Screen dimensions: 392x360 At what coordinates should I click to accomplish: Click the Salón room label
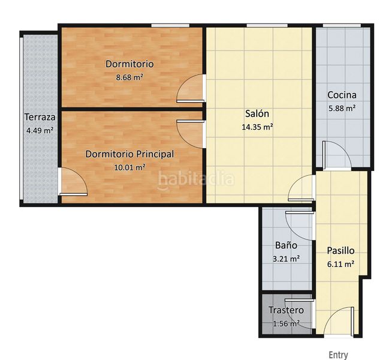click(x=257, y=113)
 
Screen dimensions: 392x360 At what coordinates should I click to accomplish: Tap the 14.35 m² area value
click(x=257, y=127)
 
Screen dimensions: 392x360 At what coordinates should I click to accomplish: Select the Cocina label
click(x=342, y=95)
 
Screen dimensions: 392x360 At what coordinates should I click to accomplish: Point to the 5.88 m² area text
click(x=342, y=109)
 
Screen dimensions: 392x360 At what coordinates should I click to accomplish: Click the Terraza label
click(x=40, y=117)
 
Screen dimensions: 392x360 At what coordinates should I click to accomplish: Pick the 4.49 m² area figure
click(x=40, y=130)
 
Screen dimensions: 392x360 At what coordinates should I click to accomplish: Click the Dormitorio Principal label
click(x=129, y=154)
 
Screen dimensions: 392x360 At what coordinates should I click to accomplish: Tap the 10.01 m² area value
click(x=129, y=167)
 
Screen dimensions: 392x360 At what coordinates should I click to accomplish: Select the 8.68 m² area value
click(x=129, y=77)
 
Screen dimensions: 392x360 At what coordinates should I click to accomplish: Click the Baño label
click(x=287, y=245)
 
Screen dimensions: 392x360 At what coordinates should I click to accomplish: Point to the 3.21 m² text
click(x=287, y=259)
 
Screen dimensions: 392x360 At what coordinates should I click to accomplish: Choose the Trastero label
click(x=287, y=310)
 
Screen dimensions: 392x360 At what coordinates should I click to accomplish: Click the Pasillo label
click(x=340, y=250)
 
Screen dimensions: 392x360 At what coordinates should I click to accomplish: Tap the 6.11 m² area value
click(x=340, y=264)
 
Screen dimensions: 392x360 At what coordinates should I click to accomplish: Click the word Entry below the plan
click(x=338, y=355)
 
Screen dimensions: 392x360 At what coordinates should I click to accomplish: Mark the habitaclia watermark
click(x=196, y=179)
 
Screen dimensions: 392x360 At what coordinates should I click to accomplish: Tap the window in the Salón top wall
click(x=267, y=25)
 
